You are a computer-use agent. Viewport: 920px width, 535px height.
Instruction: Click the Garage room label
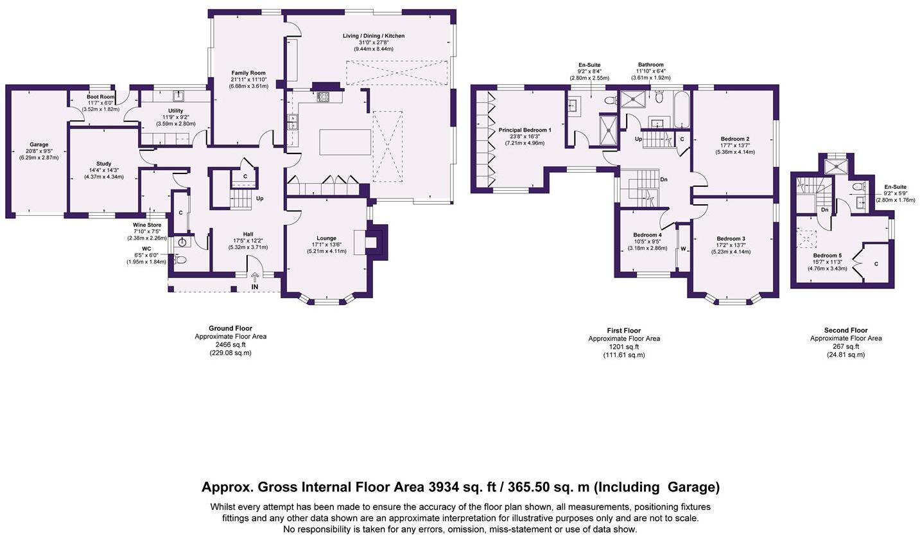(x=39, y=145)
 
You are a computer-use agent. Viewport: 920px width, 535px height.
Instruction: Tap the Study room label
(x=104, y=164)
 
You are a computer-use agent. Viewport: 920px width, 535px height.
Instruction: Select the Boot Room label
(x=101, y=97)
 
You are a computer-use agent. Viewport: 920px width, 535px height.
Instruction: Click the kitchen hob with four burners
(x=323, y=97)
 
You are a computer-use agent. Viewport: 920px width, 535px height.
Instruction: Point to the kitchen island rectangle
(x=345, y=142)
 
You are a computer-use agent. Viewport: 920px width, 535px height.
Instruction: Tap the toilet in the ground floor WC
(x=180, y=259)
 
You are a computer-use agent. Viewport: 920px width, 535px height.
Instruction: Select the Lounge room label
(x=327, y=238)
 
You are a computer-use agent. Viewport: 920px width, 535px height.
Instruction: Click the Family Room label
(x=248, y=73)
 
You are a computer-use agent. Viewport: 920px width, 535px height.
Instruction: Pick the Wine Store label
(x=147, y=225)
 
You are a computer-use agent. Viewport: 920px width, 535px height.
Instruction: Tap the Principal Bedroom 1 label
(x=525, y=130)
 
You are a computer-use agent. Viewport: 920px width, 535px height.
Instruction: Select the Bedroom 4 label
(x=647, y=235)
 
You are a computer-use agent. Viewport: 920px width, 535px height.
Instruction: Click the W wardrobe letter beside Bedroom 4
(x=684, y=249)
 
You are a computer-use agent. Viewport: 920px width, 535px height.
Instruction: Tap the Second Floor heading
(x=846, y=330)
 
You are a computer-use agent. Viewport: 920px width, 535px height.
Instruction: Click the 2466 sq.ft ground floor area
(x=230, y=345)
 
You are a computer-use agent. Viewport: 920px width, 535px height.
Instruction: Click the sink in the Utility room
(x=178, y=96)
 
